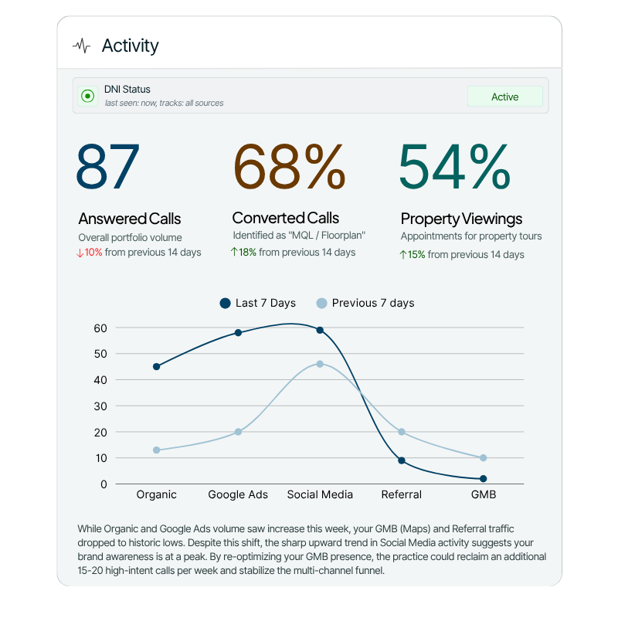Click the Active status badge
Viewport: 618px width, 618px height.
tap(504, 97)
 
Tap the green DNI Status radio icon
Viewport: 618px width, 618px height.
tap(87, 97)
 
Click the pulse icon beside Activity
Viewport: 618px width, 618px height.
tap(81, 46)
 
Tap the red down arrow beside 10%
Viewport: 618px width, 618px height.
tap(80, 253)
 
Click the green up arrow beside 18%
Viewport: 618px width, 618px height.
tap(234, 253)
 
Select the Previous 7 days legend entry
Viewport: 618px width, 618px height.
tap(365, 303)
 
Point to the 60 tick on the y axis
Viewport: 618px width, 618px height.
tap(100, 328)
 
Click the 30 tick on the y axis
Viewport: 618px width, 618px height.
tap(100, 406)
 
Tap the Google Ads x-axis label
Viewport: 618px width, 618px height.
tap(238, 494)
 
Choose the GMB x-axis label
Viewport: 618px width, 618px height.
tap(484, 494)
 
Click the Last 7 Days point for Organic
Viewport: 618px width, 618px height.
tap(157, 366)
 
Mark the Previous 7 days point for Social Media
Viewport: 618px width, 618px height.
tap(320, 364)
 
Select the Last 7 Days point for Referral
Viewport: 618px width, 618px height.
tap(402, 460)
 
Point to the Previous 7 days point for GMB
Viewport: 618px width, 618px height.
tap(484, 458)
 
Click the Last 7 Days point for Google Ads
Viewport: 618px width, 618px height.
tap(238, 333)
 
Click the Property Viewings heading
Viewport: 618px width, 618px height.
tap(461, 219)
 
